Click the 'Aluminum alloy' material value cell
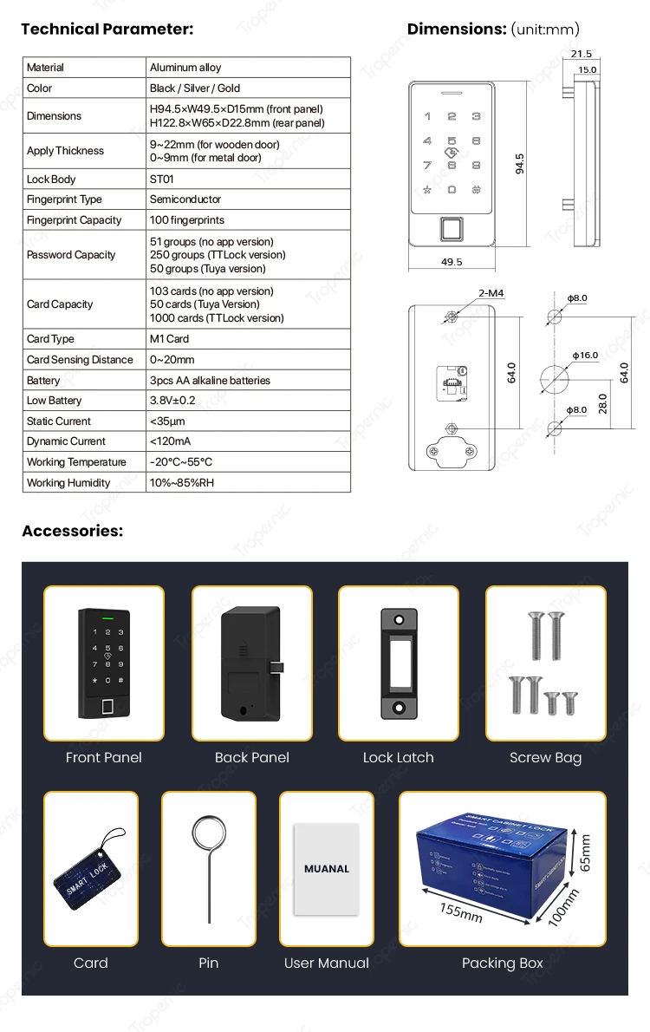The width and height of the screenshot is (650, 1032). (x=185, y=68)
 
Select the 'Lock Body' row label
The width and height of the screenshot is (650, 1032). (x=51, y=180)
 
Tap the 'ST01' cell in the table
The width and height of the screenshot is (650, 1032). (x=161, y=180)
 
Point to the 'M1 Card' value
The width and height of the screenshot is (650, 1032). (x=169, y=339)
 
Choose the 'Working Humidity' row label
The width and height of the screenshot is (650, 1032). (x=68, y=483)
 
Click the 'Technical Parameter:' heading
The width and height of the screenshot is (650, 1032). (x=107, y=29)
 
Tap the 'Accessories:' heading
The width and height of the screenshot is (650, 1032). (x=73, y=531)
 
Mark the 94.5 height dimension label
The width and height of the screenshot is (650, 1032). (x=520, y=164)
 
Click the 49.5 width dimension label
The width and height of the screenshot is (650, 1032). (x=452, y=261)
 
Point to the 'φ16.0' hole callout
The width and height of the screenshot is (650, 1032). (x=585, y=356)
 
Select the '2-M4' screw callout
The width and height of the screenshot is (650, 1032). (x=490, y=294)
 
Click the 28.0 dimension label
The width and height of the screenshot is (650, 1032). (x=602, y=402)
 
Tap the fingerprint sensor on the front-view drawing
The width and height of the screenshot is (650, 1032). (x=452, y=229)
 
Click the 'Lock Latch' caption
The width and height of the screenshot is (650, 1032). (x=398, y=758)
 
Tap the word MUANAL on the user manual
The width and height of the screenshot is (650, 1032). (x=327, y=868)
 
